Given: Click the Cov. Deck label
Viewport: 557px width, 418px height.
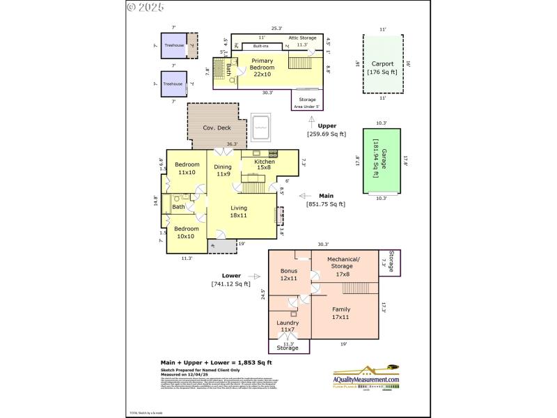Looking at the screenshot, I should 217,127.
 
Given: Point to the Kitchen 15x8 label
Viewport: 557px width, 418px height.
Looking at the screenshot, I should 264,165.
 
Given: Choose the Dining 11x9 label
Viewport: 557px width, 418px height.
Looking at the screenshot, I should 222,171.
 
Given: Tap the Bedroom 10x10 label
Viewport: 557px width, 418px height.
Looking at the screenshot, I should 186,232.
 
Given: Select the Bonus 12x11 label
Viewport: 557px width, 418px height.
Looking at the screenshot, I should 288,274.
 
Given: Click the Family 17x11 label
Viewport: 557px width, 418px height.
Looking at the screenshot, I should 340,313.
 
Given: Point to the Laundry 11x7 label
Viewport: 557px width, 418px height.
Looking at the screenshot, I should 288,326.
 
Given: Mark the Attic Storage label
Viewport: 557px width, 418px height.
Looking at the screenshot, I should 302,37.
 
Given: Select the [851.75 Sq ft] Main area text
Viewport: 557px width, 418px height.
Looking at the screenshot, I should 326,204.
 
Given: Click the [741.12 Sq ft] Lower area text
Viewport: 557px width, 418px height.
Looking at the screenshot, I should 230,284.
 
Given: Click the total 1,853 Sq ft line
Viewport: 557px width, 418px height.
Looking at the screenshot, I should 217,362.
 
